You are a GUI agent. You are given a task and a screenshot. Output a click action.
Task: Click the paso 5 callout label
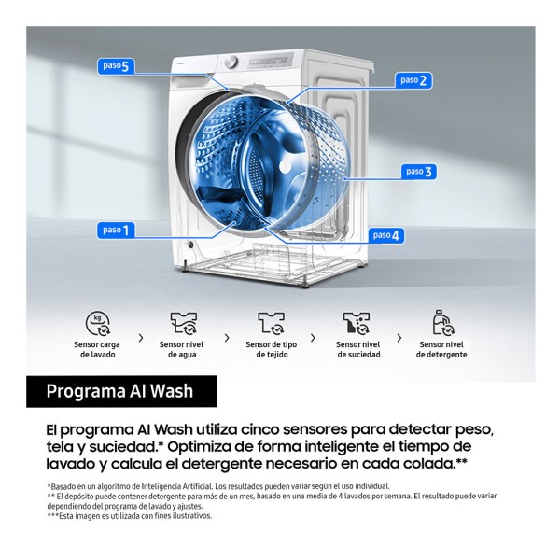point(116,66)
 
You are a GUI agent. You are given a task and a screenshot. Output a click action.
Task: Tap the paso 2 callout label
point(413,80)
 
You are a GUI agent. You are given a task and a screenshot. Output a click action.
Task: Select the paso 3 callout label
point(419,172)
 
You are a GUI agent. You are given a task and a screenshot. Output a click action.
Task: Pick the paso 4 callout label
point(386,235)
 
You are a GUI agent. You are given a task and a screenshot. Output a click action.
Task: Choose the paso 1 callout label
point(116,230)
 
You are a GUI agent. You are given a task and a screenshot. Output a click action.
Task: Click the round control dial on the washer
point(231,62)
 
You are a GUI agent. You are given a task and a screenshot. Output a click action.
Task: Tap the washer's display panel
point(271,61)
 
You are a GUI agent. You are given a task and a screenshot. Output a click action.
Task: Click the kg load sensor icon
point(97,324)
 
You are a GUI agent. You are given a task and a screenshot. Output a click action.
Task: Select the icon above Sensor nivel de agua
point(184,324)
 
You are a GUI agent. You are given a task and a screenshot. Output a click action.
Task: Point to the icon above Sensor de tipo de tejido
point(272,324)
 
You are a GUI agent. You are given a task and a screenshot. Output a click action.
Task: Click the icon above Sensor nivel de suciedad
point(357,324)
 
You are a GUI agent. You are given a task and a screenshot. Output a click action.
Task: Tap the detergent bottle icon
point(443,323)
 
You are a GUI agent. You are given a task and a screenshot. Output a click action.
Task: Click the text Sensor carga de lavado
point(97,350)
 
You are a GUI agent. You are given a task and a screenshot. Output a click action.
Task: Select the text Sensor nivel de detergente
point(441,350)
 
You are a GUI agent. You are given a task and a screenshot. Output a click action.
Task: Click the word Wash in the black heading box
point(172,391)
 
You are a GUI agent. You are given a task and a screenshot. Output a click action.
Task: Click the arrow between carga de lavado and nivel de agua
point(141,338)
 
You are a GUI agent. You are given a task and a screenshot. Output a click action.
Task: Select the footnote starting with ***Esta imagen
point(130,516)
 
